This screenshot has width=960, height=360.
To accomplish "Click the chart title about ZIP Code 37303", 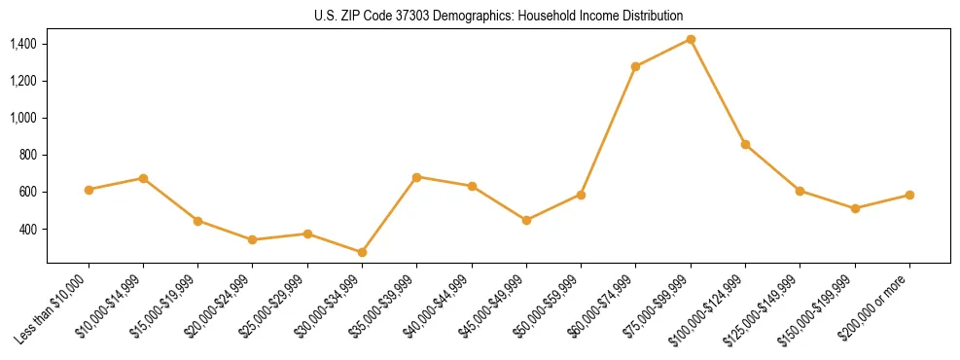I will (498, 16).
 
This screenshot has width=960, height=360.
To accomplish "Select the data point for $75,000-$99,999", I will (691, 39).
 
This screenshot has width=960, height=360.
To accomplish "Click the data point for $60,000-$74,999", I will (635, 67).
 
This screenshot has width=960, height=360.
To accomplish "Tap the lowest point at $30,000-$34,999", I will (362, 252).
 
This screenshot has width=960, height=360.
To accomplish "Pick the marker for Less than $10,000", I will (89, 190).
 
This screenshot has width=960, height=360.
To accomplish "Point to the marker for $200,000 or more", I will (909, 195).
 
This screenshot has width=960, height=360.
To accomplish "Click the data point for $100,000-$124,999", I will (745, 144).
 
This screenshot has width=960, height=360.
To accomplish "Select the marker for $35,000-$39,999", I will (416, 177).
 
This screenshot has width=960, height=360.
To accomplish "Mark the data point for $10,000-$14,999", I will (143, 178).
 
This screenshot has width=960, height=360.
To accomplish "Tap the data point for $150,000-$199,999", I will (855, 208).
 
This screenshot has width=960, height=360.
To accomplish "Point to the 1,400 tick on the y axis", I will (22, 44).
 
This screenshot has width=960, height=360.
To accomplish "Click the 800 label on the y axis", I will (28, 155).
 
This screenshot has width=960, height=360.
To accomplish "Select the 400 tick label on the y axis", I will (28, 230).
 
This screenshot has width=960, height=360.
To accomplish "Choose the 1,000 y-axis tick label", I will (22, 118).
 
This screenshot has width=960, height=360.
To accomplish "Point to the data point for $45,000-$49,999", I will (526, 220).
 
